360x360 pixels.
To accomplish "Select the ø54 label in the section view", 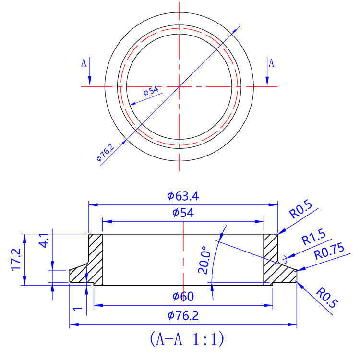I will coord(183,213).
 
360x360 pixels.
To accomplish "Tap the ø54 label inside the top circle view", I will coord(151,91).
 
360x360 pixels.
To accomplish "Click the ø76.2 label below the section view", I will coord(183,315).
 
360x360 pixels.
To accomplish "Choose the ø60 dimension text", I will coord(183,297).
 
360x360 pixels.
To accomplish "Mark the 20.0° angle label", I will coord(204,260).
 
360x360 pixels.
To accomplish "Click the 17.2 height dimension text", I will coord(16,260).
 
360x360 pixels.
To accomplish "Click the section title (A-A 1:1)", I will coord(187,340).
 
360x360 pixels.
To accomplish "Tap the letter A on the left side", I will coord(84,62).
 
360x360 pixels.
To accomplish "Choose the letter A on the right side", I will coord(271,62).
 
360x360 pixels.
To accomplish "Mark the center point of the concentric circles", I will coord(179,87).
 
